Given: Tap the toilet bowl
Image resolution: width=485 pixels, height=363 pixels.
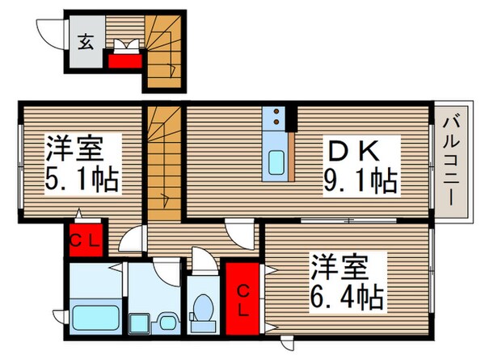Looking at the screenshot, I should point(204,311).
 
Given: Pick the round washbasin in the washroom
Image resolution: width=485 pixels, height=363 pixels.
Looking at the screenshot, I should point(166,322).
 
